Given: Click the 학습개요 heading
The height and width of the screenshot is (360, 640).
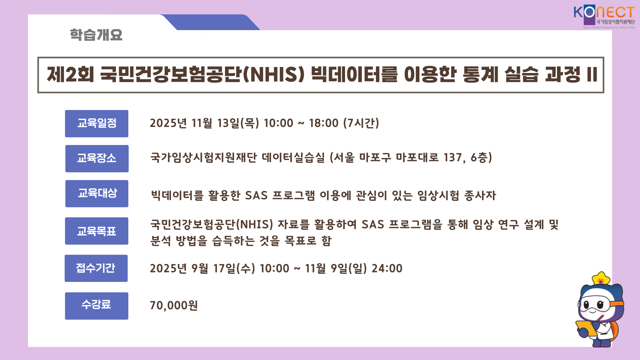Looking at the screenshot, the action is point(96,35).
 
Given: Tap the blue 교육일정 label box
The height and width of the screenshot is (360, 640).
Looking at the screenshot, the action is point(97,124).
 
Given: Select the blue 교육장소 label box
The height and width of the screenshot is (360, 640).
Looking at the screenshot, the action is point(97,159).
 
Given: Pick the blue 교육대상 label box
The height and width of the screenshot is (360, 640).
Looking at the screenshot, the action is point(97,194).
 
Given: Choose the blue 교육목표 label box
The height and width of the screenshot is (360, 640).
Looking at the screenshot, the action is point(97,231).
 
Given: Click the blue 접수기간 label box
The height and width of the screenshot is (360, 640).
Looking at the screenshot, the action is point(96,268).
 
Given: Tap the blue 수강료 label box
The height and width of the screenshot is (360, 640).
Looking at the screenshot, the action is point(97,306).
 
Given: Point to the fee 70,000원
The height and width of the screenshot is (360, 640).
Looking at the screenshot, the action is point(174,305).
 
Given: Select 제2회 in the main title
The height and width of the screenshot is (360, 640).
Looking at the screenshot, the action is point(70,74).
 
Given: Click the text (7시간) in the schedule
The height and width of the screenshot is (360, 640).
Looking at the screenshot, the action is point(361,123).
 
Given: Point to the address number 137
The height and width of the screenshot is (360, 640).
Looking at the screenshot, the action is point(454,157).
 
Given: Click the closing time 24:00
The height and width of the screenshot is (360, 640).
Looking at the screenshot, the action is point(387,268).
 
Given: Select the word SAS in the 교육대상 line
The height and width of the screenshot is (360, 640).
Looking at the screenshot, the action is point(256,195).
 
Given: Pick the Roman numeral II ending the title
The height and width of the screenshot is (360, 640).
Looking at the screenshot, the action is point(592,74).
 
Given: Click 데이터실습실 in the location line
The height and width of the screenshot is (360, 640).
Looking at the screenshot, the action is point(293,157).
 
